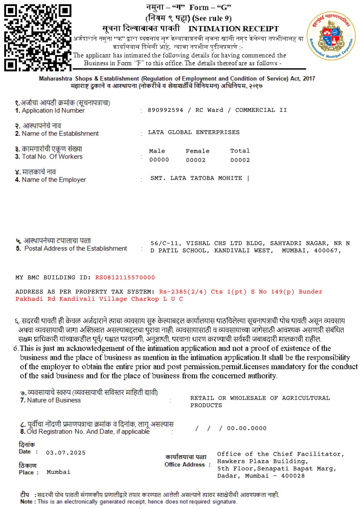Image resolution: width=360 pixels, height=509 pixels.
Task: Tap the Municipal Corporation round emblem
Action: click(331, 36)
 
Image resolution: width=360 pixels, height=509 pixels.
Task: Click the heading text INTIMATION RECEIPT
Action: click(233, 29)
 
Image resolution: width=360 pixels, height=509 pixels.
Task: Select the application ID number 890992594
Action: click(165, 110)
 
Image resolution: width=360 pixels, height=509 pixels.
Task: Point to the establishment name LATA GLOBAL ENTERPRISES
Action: click(194, 132)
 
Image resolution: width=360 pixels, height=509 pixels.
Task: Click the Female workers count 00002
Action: click(195, 160)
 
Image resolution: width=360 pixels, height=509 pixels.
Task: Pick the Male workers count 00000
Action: click(159, 160)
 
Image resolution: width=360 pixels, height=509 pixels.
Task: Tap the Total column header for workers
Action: click(240, 151)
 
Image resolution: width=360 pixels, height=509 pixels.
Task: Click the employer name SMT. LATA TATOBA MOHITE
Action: click(196, 178)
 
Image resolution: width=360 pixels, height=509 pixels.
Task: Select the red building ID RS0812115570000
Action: click(125, 278)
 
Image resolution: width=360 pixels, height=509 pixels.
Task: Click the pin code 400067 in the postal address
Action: click(326, 250)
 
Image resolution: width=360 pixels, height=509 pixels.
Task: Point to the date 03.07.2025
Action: click(66, 453)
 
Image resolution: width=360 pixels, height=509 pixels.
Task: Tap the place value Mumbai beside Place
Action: click(58, 472)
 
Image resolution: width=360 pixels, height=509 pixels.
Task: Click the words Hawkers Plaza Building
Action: click(261, 461)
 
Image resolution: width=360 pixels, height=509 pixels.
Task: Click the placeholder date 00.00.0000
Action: click(247, 428)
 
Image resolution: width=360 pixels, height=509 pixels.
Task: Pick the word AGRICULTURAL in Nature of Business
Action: click(306, 398)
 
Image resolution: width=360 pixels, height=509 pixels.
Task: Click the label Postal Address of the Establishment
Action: click(76, 249)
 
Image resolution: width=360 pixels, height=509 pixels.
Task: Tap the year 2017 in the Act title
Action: click(309, 78)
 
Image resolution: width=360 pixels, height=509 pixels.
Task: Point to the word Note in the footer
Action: click(26, 501)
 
